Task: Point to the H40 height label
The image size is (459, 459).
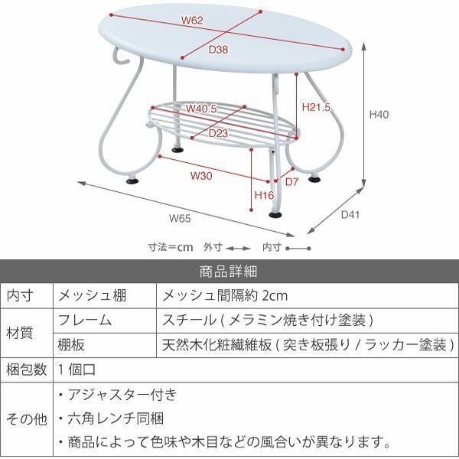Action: [380, 116]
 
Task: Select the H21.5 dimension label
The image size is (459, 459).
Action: [316, 108]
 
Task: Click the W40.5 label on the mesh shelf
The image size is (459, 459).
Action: [202, 109]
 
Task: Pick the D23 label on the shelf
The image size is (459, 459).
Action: [220, 133]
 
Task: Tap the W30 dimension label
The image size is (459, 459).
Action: [201, 175]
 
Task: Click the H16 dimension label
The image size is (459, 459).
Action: [263, 196]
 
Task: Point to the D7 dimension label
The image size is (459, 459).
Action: [291, 182]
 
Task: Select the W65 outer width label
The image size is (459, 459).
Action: [179, 218]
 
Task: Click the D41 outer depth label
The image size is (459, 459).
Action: [350, 215]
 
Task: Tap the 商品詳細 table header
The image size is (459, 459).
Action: [229, 271]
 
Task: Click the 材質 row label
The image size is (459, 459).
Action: [20, 332]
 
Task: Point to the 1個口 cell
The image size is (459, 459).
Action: [77, 369]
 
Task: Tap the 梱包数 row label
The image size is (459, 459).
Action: [26, 369]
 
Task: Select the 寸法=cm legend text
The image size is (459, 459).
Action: [171, 247]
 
